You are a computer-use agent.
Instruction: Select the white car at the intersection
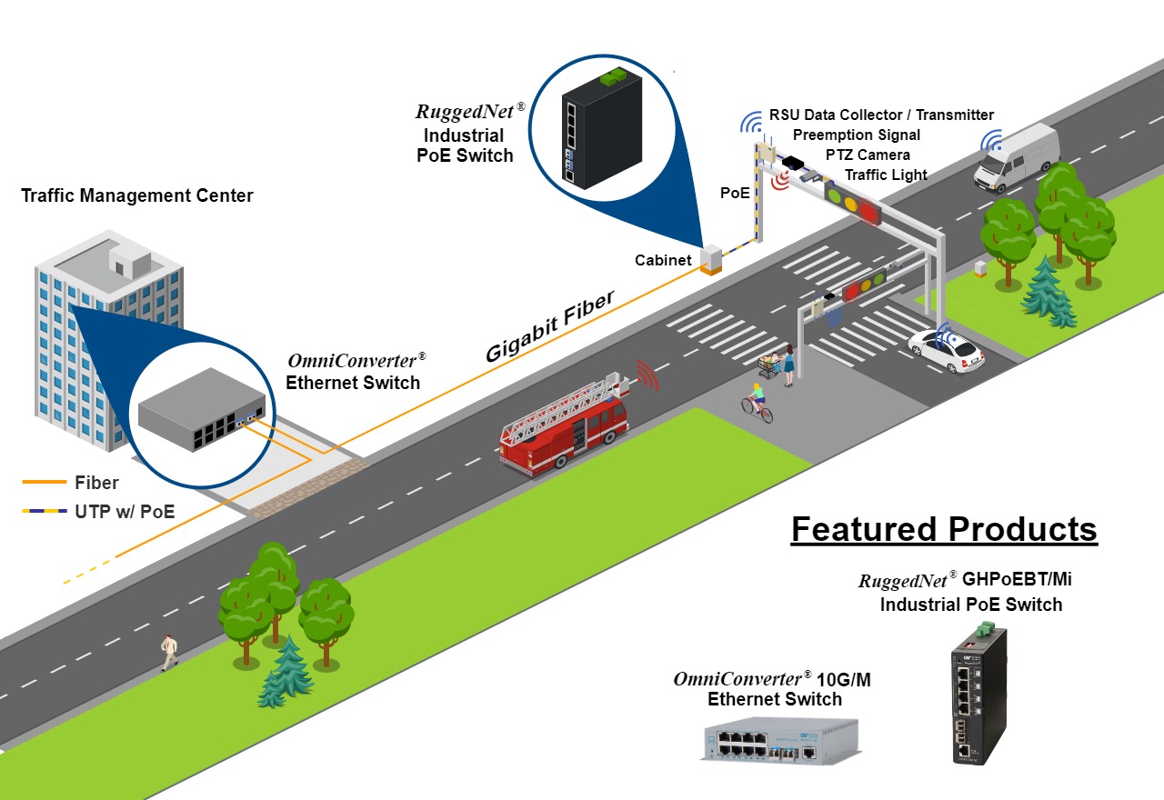pyautogui.click(x=946, y=350)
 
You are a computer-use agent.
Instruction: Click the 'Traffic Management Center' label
pyautogui.click(x=136, y=195)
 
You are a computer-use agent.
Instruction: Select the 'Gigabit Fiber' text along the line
pyautogui.click(x=549, y=327)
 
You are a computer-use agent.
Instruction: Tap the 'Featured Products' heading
pyautogui.click(x=944, y=529)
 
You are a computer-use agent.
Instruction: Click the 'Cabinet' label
pyautogui.click(x=663, y=260)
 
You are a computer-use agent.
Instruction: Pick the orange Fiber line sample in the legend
pyautogui.click(x=43, y=483)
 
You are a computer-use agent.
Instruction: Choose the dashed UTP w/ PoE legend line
pyautogui.click(x=43, y=512)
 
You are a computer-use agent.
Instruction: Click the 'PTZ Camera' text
pyautogui.click(x=868, y=155)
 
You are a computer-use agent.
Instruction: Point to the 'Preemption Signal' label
pyautogui.click(x=856, y=135)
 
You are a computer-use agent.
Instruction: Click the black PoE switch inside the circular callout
pyautogui.click(x=601, y=127)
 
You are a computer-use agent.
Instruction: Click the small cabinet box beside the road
pyautogui.click(x=710, y=259)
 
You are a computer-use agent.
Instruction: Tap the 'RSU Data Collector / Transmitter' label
pyautogui.click(x=881, y=115)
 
